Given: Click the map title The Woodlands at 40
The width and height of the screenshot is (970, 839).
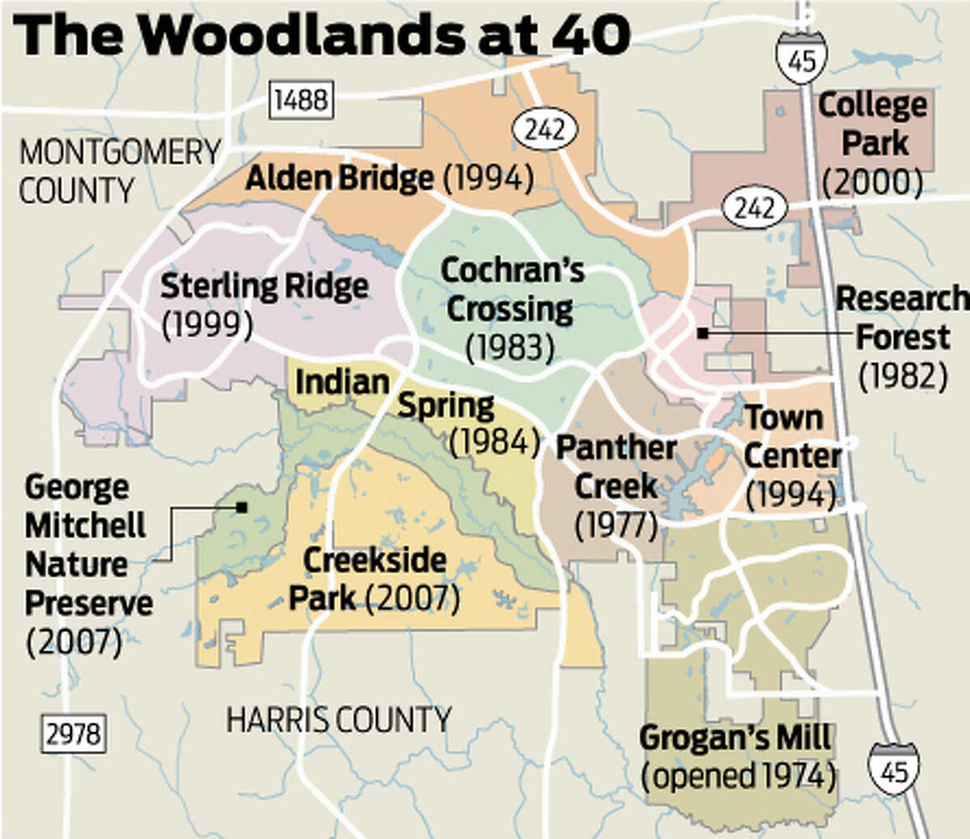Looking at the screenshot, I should pyautogui.click(x=322, y=35).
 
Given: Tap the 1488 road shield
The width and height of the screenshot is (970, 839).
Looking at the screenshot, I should pyautogui.click(x=301, y=100).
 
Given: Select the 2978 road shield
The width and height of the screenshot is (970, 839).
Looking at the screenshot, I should pyautogui.click(x=73, y=734).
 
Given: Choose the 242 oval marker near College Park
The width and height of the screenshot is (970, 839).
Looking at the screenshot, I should pyautogui.click(x=754, y=208).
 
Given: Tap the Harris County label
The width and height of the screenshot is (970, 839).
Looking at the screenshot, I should pyautogui.click(x=338, y=719).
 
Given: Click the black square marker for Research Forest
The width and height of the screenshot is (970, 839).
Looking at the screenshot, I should pyautogui.click(x=703, y=333).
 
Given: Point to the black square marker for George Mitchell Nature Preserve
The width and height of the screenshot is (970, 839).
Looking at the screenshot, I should pyautogui.click(x=241, y=508).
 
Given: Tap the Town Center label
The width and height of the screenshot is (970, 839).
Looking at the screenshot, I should pyautogui.click(x=791, y=436).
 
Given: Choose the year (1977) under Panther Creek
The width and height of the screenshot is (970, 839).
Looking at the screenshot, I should pyautogui.click(x=616, y=525).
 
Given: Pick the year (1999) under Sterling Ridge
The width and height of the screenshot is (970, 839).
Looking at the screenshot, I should pyautogui.click(x=208, y=324).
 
